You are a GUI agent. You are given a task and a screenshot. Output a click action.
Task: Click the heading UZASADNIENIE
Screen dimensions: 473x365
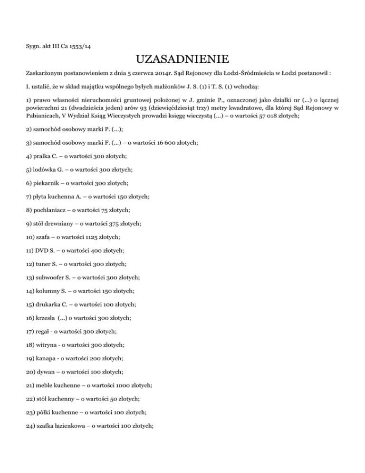click(182, 59)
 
